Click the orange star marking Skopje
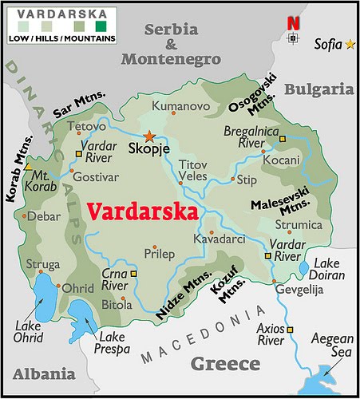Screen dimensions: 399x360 (x=148, y=136)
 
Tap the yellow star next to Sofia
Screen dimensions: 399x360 (x=350, y=44)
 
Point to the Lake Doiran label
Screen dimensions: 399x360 (x=330, y=268)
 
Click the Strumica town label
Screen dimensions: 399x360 (x=303, y=225)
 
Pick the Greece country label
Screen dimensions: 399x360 (x=225, y=364)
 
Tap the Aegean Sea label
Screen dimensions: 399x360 (x=330, y=345)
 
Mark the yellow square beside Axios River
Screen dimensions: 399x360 (x=291, y=329)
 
